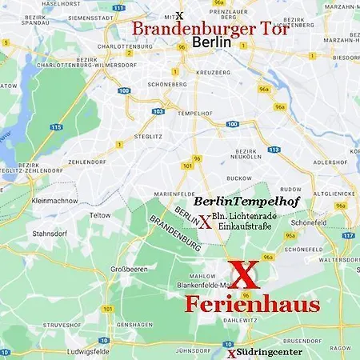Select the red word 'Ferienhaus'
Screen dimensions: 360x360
coord(253,304)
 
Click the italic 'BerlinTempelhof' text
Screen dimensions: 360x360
coord(247,202)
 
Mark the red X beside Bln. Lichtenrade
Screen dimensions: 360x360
coord(205,222)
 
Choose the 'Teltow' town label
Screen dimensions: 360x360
coord(100,215)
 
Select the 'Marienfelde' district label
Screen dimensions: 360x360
coord(166,192)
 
